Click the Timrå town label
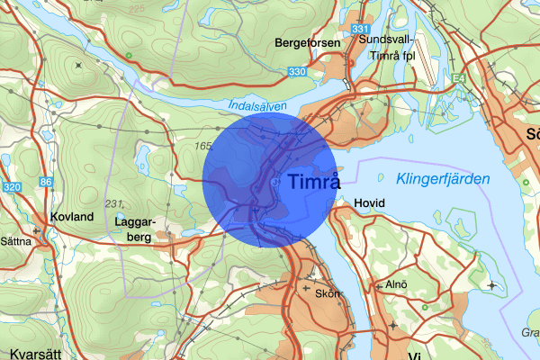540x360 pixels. point(315,182)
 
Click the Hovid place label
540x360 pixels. point(369,203)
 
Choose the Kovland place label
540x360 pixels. point(72,218)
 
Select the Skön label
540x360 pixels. point(326,293)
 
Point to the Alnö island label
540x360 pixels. point(398,284)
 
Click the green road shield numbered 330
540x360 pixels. point(297,71)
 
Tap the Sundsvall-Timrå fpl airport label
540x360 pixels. point(388,46)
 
